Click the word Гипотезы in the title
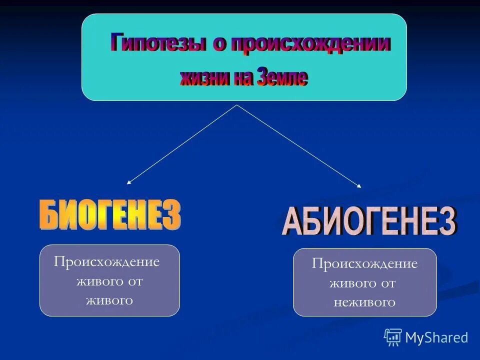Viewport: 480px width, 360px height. pos(157,43)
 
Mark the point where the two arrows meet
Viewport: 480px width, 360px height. pos(236,105)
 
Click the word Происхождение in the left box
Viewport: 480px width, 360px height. pos(107,262)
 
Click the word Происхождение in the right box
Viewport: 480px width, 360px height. pos(364,264)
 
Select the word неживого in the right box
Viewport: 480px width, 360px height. pos(364,302)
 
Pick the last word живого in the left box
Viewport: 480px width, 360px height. pos(109,300)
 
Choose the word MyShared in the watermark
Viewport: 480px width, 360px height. pos(436,337)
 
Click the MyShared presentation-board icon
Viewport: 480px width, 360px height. pos(393,337)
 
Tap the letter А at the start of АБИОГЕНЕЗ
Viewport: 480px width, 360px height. pos(292,223)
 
